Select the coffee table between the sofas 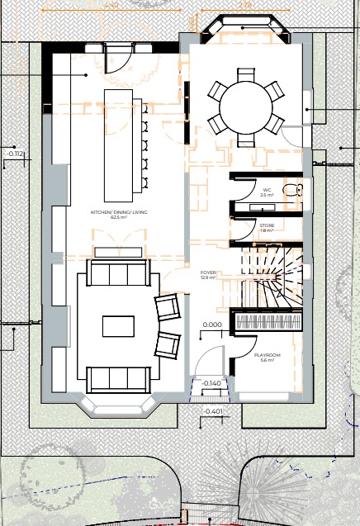click(x=117, y=326)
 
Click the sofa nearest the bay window click(x=117, y=379)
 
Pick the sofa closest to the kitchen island click(x=118, y=272)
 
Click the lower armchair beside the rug click(x=168, y=344)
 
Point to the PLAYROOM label click(x=267, y=357)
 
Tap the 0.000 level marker click(x=212, y=325)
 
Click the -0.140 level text click(x=212, y=383)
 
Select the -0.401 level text click(x=213, y=410)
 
